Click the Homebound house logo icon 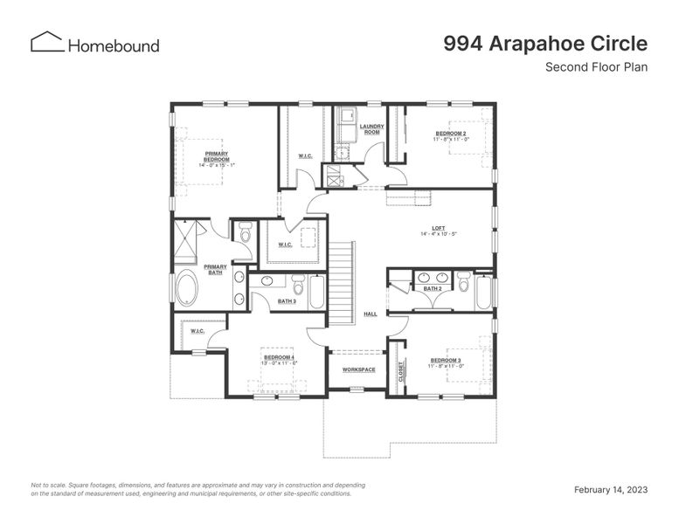pyautogui.click(x=47, y=42)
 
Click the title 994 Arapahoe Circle pyautogui.click(x=544, y=43)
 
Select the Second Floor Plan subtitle pyautogui.click(x=596, y=67)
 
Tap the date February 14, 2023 pyautogui.click(x=610, y=490)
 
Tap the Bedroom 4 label pyautogui.click(x=280, y=360)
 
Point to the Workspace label pyautogui.click(x=358, y=369)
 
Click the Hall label pyautogui.click(x=371, y=314)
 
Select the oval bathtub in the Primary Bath pyautogui.click(x=187, y=288)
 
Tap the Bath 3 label pyautogui.click(x=287, y=301)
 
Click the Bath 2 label pyautogui.click(x=432, y=288)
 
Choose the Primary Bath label pyautogui.click(x=215, y=270)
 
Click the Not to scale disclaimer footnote pyautogui.click(x=197, y=489)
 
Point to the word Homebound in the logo pyautogui.click(x=114, y=45)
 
